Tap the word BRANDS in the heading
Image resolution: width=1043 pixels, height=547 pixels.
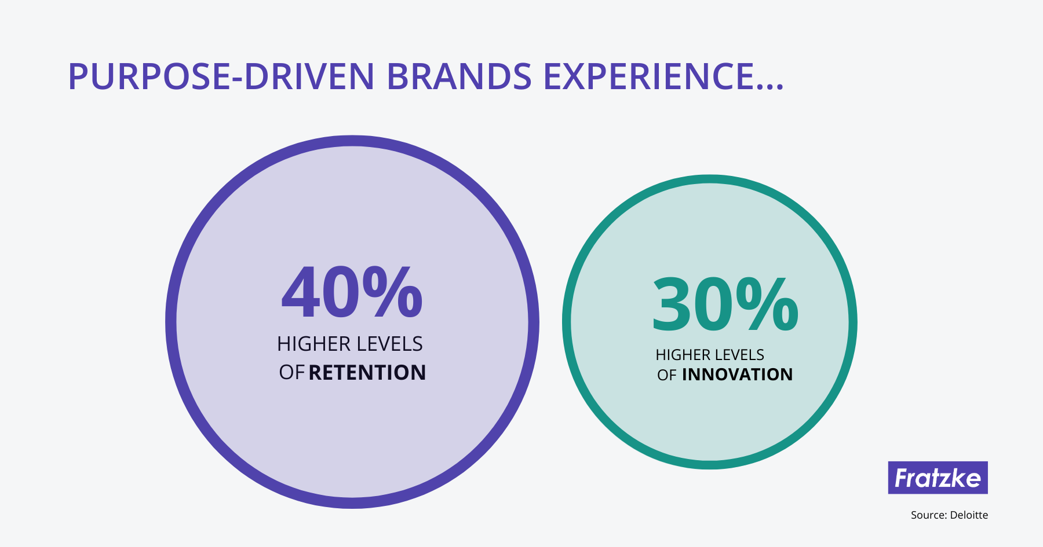pos(459,76)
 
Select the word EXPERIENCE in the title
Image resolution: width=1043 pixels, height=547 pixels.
pos(649,76)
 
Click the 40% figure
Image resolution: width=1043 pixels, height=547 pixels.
pos(352,292)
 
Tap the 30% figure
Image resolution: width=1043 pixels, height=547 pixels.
pos(725,304)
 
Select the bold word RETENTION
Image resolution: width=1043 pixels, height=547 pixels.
pos(367,373)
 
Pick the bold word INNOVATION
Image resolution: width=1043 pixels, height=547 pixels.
pos(737,375)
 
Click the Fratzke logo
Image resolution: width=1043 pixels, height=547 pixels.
pos(938,478)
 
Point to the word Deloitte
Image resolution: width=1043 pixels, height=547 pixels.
pos(969,515)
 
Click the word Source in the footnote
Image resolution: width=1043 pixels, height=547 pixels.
pos(928,515)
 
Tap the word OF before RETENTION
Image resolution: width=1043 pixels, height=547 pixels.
pos(291,373)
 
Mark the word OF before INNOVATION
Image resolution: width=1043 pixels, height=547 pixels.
pos(667,375)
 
